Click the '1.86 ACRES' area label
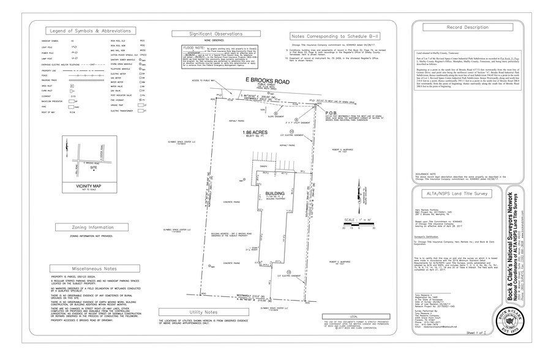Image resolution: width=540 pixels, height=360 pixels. (x=257, y=133)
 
